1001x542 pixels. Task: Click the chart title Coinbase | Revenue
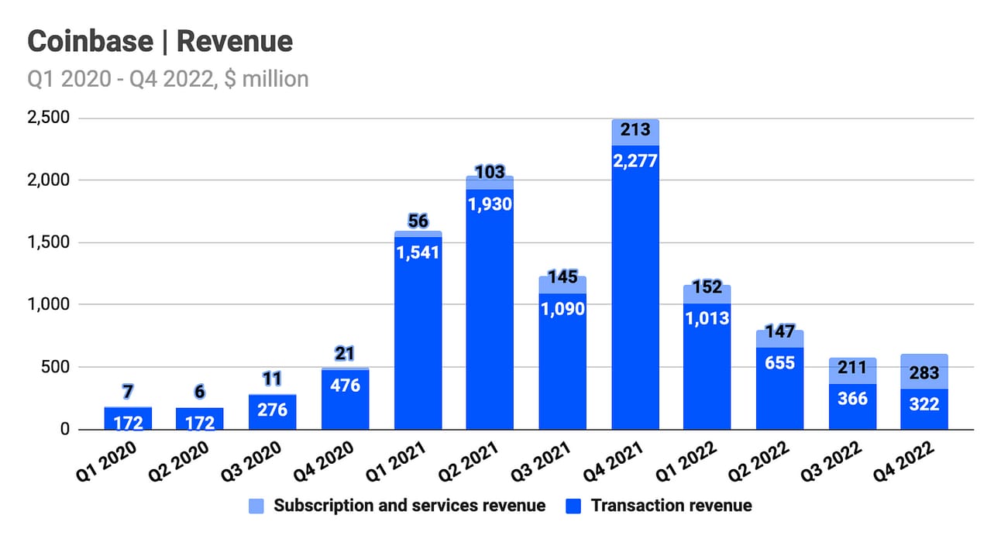pos(160,41)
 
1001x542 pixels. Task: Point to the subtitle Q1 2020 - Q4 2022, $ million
pos(167,78)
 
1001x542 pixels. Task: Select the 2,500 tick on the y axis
pos(50,118)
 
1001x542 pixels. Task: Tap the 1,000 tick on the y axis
pos(50,304)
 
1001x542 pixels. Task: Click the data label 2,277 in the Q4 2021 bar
pos(635,161)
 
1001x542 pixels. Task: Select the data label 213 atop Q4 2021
pos(635,130)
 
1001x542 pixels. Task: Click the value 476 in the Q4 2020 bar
pos(346,384)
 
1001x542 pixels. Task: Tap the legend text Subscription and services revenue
pos(409,506)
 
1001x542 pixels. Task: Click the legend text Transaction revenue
pos(671,506)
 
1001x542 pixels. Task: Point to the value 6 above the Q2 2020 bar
pos(200,392)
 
